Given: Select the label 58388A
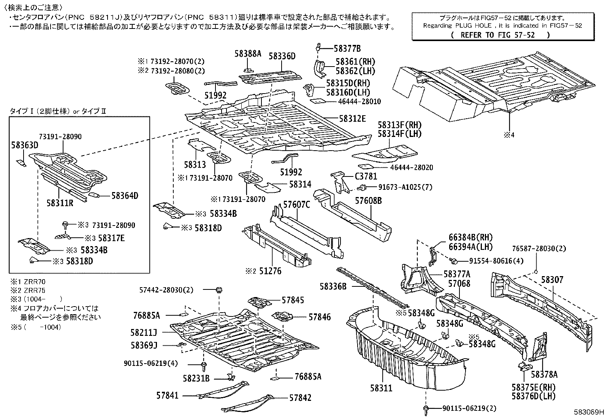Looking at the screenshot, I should pyautogui.click(x=248, y=54).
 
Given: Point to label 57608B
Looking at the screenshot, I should pyautogui.click(x=368, y=200).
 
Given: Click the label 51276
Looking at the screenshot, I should pyautogui.click(x=270, y=271).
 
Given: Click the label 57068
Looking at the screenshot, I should pyautogui.click(x=459, y=283).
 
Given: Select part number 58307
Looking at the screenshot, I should pyautogui.click(x=552, y=280).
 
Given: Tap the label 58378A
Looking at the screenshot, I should pyautogui.click(x=544, y=375).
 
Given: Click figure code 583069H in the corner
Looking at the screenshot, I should pyautogui.click(x=589, y=412).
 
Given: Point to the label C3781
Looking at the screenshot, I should pyautogui.click(x=366, y=176).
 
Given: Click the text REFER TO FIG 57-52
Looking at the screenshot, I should pyautogui.click(x=500, y=35).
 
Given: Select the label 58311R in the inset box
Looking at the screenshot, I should pyautogui.click(x=60, y=203).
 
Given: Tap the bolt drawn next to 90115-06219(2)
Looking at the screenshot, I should pyautogui.click(x=426, y=409).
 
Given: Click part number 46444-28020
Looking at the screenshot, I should pyautogui.click(x=411, y=167).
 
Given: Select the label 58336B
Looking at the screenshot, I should pyautogui.click(x=333, y=286).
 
